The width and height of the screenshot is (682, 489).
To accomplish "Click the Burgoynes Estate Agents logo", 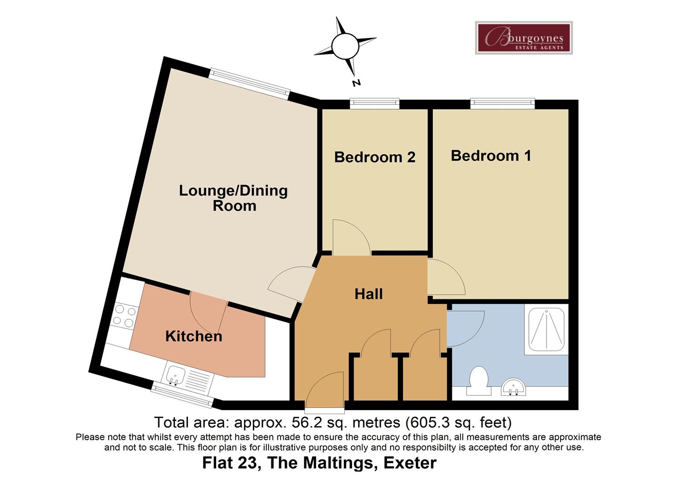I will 523,38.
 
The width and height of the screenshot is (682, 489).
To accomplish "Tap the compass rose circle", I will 345,45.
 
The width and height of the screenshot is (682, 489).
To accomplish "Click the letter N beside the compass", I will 357,83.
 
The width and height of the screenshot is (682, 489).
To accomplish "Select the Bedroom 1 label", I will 491,156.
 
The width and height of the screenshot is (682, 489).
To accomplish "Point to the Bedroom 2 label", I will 375,157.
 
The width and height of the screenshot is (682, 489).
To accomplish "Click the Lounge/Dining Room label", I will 233,198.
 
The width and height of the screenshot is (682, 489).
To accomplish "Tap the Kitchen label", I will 193,336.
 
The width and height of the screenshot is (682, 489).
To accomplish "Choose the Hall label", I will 368,294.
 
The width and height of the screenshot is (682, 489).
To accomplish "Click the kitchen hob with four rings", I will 124,316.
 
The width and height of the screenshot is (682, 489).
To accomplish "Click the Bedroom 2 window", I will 374,104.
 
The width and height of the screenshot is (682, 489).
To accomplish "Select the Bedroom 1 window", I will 502,104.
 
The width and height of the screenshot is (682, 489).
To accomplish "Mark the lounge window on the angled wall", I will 250,83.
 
